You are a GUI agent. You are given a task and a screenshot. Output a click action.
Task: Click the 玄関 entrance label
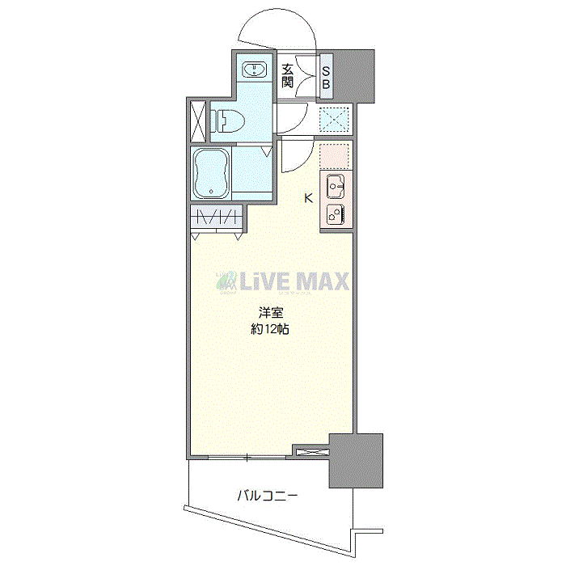tap(288, 75)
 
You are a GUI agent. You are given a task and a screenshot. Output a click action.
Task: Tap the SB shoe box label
tap(327, 76)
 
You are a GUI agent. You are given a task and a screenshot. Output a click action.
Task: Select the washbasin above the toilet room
tap(255, 68)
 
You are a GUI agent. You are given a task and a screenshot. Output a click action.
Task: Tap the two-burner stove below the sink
tap(336, 215)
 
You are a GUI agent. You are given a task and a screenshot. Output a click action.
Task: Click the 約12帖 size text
tap(270, 329)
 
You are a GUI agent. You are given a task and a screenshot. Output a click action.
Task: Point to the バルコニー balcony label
tap(268, 495)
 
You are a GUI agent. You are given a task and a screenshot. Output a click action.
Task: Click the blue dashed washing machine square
tap(333, 120)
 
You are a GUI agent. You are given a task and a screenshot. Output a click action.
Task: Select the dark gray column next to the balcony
tap(355, 461)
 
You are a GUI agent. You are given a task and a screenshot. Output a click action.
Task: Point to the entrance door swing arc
tap(275, 28)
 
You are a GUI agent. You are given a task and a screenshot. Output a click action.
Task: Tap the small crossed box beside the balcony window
tap(310, 452)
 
